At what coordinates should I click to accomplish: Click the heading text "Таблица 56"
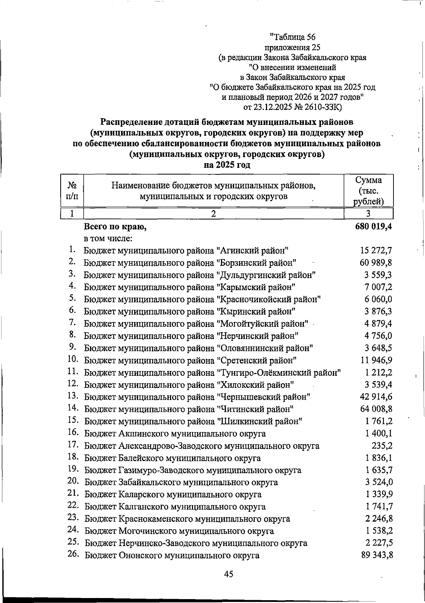coord(292,37)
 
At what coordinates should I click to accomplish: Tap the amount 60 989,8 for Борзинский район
coord(376,263)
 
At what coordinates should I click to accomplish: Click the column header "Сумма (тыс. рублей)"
coord(369,191)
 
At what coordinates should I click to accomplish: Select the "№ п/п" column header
coord(72,191)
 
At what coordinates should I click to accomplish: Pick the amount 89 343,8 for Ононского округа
coord(376,555)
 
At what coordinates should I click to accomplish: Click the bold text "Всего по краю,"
coord(115,227)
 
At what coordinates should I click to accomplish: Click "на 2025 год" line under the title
coord(227,165)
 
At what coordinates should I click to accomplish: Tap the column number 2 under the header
coord(213,214)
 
